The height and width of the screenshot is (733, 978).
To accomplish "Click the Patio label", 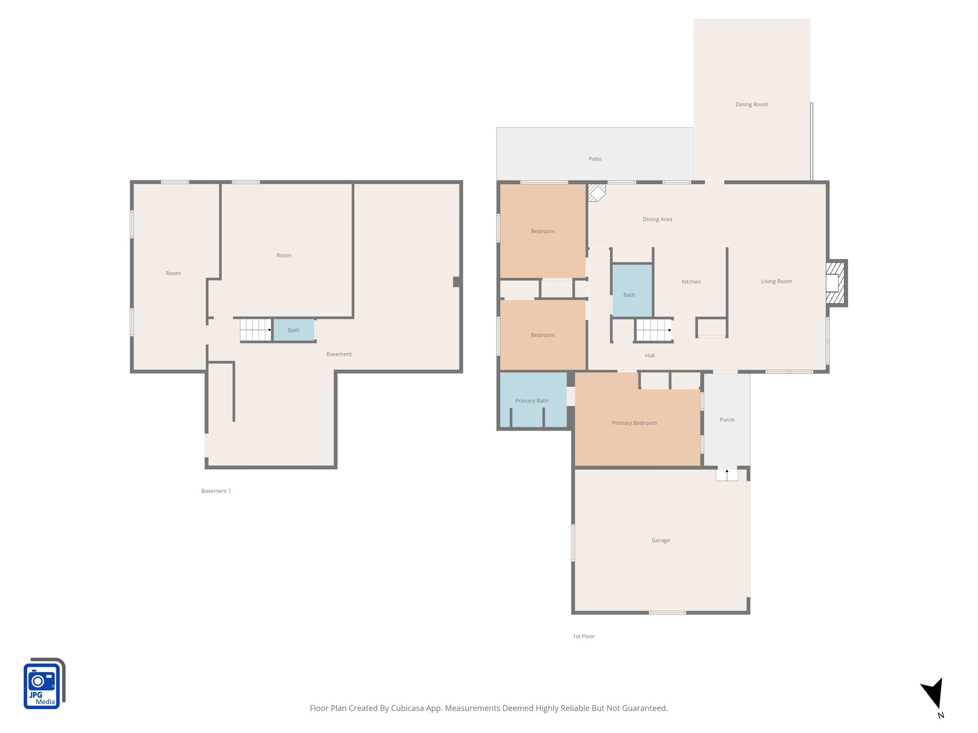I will (595, 159).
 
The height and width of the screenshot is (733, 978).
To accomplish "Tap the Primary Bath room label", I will (531, 401).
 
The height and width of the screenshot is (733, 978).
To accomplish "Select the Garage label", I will (660, 540).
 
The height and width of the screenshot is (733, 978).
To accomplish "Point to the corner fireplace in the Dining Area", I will (596, 193).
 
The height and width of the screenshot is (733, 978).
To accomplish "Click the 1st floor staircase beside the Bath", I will (653, 330).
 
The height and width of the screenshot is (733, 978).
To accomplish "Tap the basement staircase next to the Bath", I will (255, 330).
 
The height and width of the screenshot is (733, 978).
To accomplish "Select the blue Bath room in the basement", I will (294, 330).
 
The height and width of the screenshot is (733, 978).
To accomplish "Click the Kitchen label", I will (691, 282).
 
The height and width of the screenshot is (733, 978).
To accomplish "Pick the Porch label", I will (727, 420).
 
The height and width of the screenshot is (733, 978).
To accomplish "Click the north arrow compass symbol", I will (934, 695).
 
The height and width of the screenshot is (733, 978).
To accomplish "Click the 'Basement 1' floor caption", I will (216, 491).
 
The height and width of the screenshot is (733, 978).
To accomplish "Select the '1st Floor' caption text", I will (584, 636).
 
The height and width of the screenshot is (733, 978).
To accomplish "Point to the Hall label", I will (649, 356).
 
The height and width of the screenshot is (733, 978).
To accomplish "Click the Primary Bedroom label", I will (634, 423).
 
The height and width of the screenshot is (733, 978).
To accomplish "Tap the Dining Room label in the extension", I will (752, 105).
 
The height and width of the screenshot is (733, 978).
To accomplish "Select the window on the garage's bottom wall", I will (667, 612).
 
